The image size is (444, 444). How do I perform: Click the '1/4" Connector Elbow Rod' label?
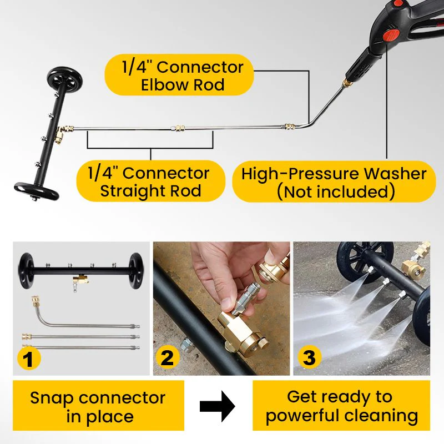(179, 75)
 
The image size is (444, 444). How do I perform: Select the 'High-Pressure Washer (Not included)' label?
(334, 181)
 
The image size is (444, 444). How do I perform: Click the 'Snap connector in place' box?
(98, 406)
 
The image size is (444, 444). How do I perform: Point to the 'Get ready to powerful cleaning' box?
(341, 406)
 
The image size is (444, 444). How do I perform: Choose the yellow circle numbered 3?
(309, 359)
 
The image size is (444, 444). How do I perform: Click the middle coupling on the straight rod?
(178, 128)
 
